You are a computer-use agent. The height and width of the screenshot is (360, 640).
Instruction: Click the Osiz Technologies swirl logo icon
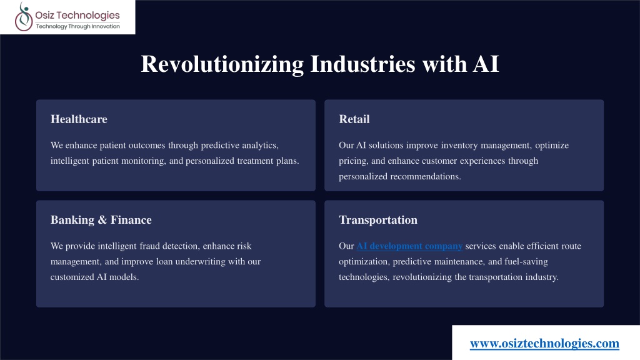click(x=24, y=17)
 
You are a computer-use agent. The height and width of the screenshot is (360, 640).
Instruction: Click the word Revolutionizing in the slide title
click(x=222, y=64)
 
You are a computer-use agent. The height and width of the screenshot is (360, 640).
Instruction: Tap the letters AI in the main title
click(x=486, y=64)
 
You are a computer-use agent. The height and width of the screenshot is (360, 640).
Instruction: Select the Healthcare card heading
click(x=79, y=119)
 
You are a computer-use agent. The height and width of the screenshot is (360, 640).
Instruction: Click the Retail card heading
click(x=354, y=119)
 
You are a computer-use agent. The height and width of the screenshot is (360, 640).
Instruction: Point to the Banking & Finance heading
click(x=101, y=220)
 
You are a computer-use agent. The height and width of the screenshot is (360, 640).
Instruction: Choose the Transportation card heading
click(x=378, y=220)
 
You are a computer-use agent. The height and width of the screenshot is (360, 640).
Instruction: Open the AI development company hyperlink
click(x=409, y=246)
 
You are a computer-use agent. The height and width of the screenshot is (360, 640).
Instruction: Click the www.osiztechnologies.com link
click(x=544, y=343)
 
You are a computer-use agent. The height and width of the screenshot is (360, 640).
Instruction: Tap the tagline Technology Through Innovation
click(x=78, y=26)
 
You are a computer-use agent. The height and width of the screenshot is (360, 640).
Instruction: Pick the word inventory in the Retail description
click(x=459, y=145)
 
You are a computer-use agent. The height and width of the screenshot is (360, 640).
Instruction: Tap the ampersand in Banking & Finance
click(x=102, y=220)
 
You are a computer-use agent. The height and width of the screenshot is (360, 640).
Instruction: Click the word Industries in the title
click(x=363, y=64)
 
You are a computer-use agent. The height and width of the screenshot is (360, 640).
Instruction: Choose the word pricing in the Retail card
click(x=354, y=161)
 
